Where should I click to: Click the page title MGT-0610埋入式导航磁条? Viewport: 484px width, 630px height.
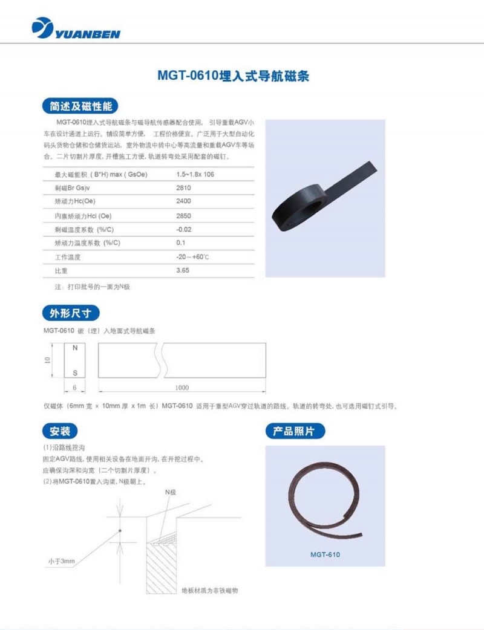point(233,76)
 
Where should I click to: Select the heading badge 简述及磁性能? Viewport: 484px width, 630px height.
point(80,106)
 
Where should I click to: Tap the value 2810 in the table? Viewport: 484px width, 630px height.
point(183,187)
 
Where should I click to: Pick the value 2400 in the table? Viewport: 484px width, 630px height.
point(183,201)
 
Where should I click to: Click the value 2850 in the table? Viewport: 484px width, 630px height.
point(183,216)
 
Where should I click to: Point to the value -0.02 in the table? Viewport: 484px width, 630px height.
point(184,229)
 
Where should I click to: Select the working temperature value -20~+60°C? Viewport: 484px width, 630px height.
point(192,257)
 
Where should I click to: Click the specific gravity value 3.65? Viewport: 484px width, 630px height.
point(183,270)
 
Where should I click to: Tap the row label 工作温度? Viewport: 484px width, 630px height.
point(68,257)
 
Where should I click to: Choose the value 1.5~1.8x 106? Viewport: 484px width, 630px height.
point(195,174)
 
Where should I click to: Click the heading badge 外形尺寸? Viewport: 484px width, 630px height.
point(71,313)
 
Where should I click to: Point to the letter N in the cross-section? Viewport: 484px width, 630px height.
point(75,348)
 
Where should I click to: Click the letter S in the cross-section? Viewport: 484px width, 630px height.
point(75,373)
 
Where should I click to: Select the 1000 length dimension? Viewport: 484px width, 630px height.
point(181,388)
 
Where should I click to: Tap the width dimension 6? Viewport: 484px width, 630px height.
point(74,388)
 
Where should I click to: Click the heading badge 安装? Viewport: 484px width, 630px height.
point(60,431)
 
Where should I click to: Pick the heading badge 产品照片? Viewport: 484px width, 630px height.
point(295,431)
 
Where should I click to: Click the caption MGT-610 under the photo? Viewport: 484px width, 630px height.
point(325,554)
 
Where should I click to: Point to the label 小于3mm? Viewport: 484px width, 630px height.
point(62,561)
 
